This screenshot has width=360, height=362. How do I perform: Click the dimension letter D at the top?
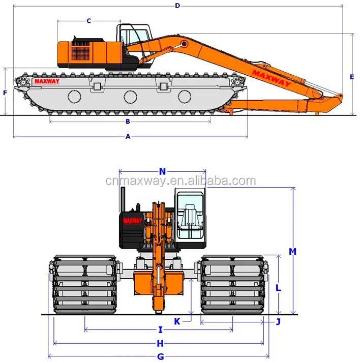coord(177,6)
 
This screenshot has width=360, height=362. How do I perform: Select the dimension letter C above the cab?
coord(88,21)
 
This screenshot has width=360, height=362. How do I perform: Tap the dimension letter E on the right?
coord(352,77)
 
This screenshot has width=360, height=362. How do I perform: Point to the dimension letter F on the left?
coord(5,93)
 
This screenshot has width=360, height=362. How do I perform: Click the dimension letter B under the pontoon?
coord(128,122)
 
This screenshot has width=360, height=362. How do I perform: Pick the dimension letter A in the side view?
coord(128,136)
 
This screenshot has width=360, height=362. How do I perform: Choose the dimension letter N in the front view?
coord(162,171)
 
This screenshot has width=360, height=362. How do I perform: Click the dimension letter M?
coord(292,251)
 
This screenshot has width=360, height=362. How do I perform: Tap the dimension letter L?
coord(278,287)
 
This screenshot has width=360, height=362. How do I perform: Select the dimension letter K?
coord(177,321)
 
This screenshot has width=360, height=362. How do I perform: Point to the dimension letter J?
coord(278,321)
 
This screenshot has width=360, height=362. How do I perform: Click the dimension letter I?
coord(160,329)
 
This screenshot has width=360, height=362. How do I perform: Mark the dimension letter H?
coord(160,343)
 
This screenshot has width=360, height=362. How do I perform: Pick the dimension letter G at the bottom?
coord(160,356)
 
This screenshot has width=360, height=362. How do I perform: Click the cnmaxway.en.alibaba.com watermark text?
coord(181,182)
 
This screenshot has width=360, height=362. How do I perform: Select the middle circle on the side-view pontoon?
coord(130,96)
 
